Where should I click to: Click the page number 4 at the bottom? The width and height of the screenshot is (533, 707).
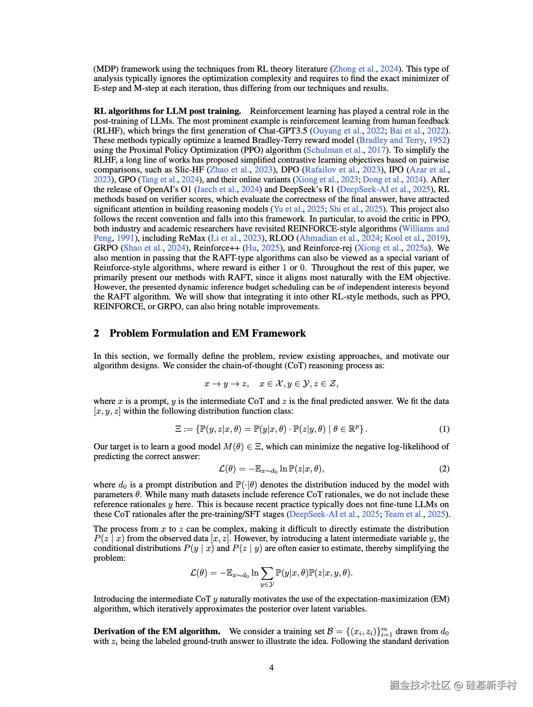(x=271, y=668)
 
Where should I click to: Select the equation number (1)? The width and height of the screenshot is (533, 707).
(x=444, y=429)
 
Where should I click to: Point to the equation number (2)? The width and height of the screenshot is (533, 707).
(x=444, y=469)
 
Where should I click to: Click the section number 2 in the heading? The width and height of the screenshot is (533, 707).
(x=96, y=333)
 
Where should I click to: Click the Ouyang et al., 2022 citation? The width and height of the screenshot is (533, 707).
(x=348, y=131)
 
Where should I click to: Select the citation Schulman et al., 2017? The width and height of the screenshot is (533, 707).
(x=346, y=150)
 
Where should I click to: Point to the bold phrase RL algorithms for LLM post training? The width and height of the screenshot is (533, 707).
(x=167, y=111)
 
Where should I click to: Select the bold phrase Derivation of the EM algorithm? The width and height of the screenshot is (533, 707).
(x=157, y=631)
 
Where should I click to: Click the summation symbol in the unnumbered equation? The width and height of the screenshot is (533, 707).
(x=267, y=573)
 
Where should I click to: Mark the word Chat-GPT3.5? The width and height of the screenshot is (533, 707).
(x=282, y=131)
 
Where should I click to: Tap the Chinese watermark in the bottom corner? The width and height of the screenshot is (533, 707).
(x=453, y=685)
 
